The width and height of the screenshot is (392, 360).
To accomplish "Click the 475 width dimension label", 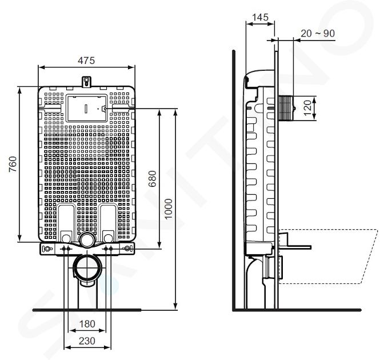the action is (86, 61).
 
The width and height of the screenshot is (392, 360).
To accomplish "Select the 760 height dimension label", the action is (13, 164).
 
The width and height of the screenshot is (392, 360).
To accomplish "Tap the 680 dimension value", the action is (152, 178).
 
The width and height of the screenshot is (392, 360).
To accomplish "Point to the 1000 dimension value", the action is (169, 209).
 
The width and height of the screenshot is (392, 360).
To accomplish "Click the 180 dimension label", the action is (87, 324).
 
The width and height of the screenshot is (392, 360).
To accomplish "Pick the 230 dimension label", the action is (87, 341).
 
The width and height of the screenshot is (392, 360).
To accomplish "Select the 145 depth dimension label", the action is (260, 17).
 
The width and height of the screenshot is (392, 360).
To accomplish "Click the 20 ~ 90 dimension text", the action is (318, 33).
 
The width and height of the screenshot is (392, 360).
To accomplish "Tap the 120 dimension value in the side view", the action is (308, 108).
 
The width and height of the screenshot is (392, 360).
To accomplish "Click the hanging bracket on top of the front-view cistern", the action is (86, 82).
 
